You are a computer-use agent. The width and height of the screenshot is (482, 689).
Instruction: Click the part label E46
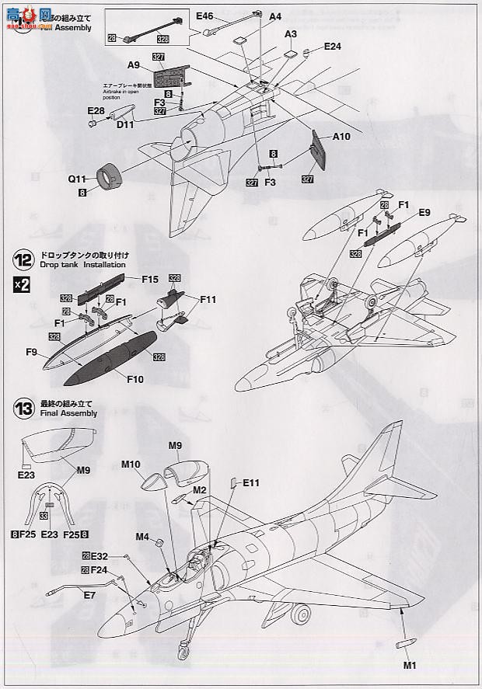pos(204,16)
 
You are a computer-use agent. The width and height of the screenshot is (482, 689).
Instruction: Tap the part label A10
pos(342,137)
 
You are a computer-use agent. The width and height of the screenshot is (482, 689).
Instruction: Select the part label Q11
pos(76,178)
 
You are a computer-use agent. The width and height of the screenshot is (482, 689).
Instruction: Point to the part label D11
pos(125,124)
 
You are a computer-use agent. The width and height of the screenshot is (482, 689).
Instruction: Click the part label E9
pos(424,212)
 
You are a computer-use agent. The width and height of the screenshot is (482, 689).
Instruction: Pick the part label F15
pos(150,279)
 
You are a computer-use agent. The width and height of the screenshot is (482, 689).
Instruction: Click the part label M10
pos(131,465)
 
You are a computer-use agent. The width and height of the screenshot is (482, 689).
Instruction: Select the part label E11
pos(250,483)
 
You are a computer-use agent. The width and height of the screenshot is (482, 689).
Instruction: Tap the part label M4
pos(142,536)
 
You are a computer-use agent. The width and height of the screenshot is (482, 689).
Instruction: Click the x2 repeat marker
pos(22,284)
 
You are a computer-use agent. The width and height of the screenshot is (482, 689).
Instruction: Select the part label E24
pos(333,46)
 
